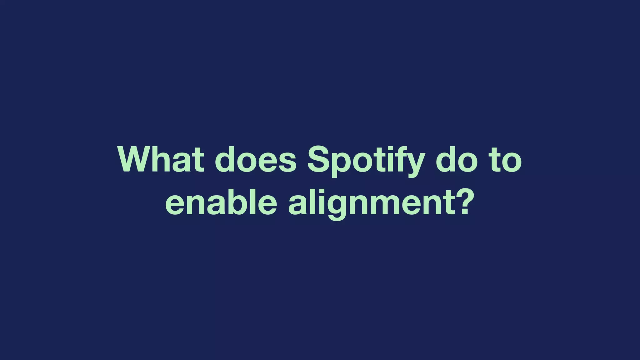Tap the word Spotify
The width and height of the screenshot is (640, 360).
[366, 161]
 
